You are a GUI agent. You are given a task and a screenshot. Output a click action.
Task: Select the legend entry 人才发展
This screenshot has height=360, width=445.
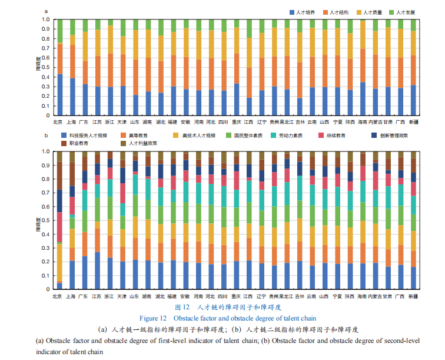click(406, 12)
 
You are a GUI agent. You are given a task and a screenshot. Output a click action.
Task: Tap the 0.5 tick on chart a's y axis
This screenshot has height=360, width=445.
click(45, 67)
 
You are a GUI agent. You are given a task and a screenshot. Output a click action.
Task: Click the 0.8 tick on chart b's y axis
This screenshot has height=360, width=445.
click(45, 179)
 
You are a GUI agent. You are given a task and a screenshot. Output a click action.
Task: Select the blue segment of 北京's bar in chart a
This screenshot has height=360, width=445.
click(59, 94)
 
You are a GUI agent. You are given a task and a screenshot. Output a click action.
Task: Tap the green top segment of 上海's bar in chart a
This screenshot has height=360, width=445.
click(72, 27)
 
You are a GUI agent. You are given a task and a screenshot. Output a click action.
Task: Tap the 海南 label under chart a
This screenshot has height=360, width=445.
click(363, 122)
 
